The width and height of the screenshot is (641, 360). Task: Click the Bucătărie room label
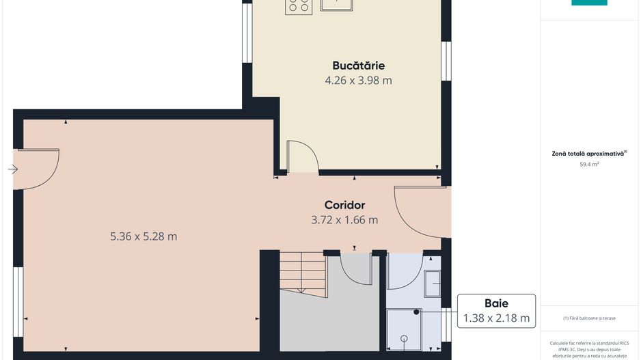tap(358, 66)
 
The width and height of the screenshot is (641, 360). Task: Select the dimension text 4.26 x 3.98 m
tap(358, 81)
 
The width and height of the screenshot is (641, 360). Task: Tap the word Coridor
tap(344, 205)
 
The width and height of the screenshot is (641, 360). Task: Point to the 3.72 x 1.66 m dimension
tap(344, 220)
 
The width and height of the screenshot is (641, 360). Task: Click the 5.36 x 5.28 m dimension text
tap(144, 236)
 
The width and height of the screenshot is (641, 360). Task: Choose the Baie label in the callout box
tap(496, 303)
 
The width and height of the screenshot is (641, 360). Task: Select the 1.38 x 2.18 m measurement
tap(496, 318)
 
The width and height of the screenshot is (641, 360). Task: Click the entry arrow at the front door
tap(12, 169)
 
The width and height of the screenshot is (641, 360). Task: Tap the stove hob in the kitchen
tap(299, 5)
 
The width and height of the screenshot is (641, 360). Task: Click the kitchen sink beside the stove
tap(337, 5)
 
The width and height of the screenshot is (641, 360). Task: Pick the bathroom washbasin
tap(432, 283)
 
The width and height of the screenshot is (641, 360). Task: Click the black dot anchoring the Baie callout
tap(417, 312)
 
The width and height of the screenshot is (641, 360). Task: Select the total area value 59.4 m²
tap(589, 165)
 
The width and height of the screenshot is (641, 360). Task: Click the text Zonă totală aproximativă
tap(588, 154)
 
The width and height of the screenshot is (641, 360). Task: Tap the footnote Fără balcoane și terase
tap(589, 318)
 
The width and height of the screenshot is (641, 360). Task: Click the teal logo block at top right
tap(589, 3)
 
